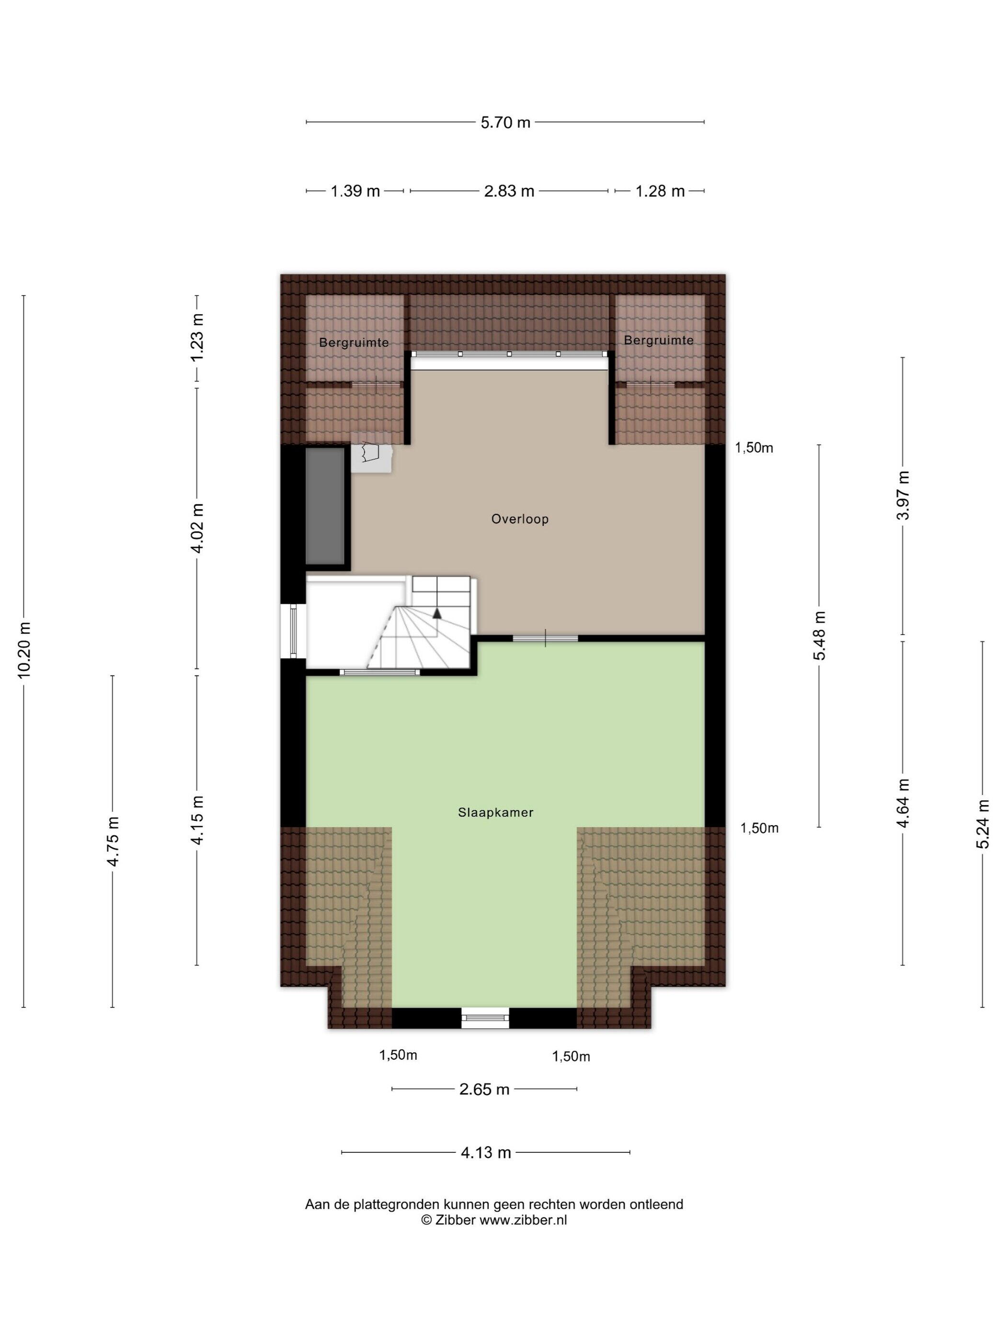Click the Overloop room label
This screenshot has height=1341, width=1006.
point(520,519)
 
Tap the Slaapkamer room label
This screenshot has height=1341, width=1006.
point(495,812)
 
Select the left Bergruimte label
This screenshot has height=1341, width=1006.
point(354,342)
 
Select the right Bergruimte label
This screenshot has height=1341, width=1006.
point(659,340)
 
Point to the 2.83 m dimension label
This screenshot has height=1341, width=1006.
point(509,191)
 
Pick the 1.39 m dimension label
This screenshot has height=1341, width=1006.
point(355,191)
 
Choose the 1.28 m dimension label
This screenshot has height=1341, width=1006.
point(660,191)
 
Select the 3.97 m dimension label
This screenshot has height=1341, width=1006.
point(903,495)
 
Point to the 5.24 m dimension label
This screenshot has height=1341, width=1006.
point(983,824)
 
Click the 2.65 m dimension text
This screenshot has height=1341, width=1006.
point(484,1090)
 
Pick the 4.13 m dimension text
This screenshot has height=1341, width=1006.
point(486,1152)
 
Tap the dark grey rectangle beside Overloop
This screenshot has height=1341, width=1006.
point(325,507)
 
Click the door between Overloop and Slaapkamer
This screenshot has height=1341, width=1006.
point(545,638)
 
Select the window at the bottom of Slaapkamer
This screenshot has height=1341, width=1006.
point(485,1018)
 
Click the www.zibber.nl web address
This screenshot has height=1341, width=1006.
point(523,1220)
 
